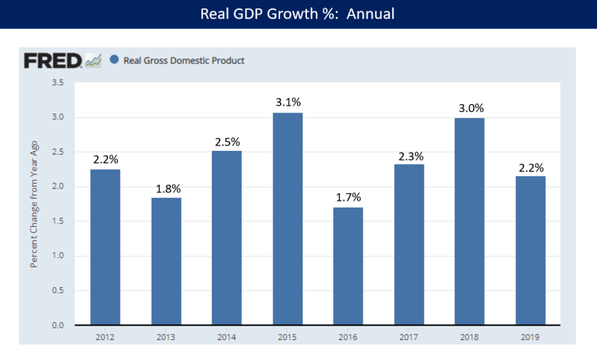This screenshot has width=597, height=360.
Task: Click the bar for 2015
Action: pos(288,219)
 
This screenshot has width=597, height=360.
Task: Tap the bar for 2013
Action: pos(166,261)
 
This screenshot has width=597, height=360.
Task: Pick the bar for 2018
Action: pos(470,221)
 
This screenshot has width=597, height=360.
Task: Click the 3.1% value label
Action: pos(288,101)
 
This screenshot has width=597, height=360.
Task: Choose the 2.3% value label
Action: pos(409,155)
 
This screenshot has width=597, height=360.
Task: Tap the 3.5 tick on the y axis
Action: pos(57,82)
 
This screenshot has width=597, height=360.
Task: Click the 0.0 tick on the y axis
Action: pos(57,326)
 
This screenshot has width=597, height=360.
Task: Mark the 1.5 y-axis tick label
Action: pos(57,221)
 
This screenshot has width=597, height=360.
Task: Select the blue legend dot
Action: pos(114,60)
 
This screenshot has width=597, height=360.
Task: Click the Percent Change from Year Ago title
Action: pos(34,204)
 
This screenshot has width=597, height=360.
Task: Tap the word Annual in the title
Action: pos(370,14)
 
